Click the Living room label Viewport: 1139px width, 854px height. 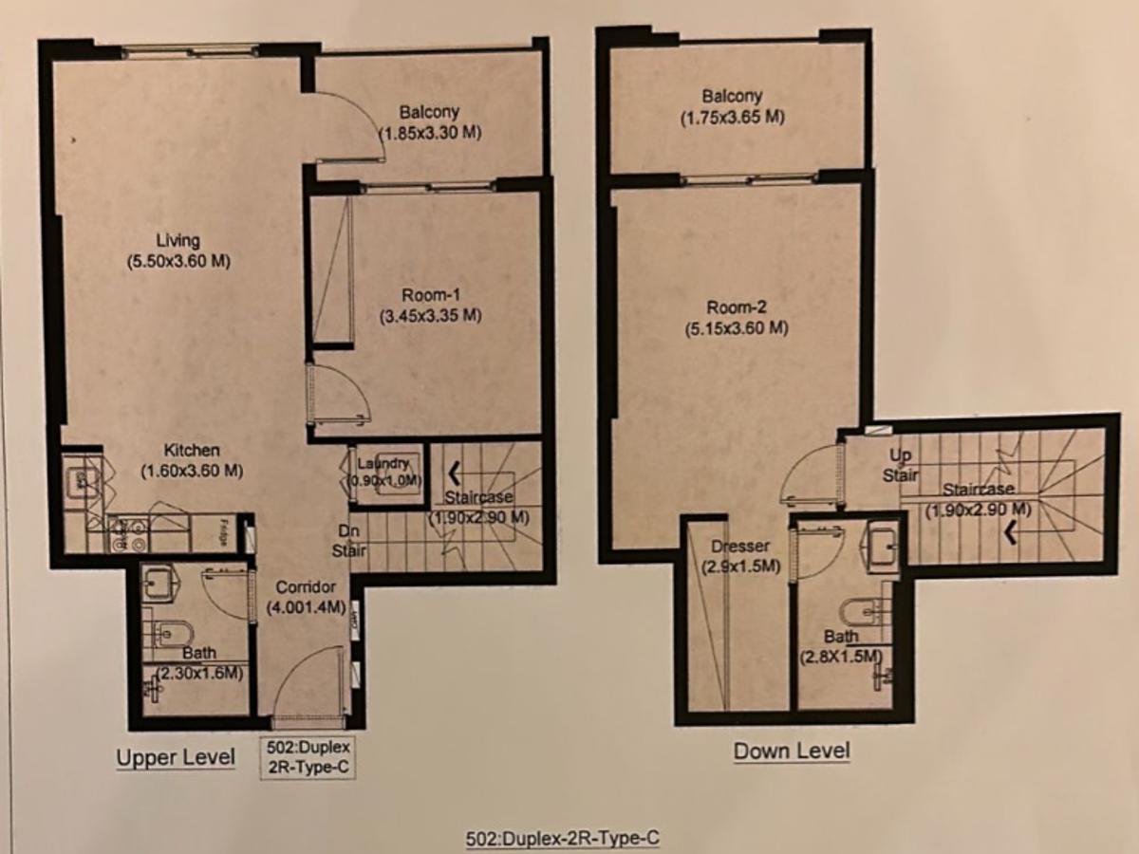pyautogui.click(x=179, y=240)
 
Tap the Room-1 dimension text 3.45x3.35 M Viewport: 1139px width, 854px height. pyautogui.click(x=430, y=315)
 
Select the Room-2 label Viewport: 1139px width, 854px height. pyautogui.click(x=737, y=307)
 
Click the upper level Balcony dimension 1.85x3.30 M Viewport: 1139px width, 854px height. pyautogui.click(x=430, y=133)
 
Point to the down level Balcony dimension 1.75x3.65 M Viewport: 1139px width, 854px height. pyautogui.click(x=732, y=118)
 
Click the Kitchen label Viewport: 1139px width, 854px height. pyautogui.click(x=193, y=450)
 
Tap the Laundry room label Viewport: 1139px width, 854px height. pyautogui.click(x=383, y=463)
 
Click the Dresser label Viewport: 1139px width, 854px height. pyautogui.click(x=739, y=546)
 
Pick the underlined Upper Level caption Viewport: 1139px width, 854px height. pyautogui.click(x=176, y=757)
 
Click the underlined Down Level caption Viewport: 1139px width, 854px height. pyautogui.click(x=792, y=752)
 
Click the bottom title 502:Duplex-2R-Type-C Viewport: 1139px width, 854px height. pyautogui.click(x=563, y=839)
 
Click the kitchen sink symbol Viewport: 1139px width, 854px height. pyautogui.click(x=82, y=481)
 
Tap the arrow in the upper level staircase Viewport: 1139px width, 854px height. pyautogui.click(x=454, y=470)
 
